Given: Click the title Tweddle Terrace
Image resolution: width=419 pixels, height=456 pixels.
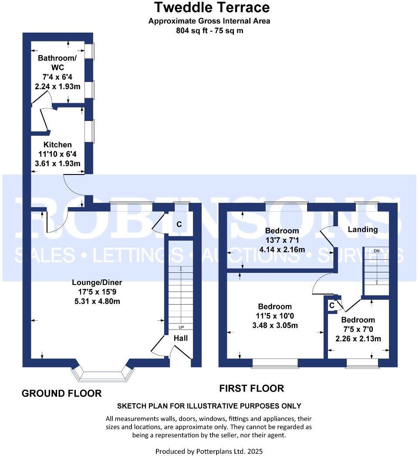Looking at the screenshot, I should (x=212, y=7).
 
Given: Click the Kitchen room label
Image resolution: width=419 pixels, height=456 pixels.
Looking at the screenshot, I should (x=57, y=144).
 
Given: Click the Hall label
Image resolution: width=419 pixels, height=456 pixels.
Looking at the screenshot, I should (x=181, y=338).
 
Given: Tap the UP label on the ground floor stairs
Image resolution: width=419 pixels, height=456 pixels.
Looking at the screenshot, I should (x=180, y=327).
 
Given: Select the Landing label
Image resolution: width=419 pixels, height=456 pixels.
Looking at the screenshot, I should (x=363, y=229).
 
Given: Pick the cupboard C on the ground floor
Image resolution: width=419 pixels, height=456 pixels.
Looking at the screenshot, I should (x=179, y=225).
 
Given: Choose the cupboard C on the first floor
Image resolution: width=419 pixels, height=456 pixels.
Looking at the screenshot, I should (x=332, y=305).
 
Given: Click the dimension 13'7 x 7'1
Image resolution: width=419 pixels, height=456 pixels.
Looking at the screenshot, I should (x=282, y=240).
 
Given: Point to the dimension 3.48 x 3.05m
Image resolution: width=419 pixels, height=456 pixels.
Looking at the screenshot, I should (x=275, y=325).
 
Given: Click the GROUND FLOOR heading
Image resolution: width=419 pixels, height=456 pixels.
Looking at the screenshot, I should (x=61, y=393).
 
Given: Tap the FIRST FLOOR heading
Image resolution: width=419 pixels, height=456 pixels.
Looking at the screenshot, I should (x=251, y=388).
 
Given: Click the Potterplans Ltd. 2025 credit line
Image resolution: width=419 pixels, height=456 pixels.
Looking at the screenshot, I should (x=209, y=451).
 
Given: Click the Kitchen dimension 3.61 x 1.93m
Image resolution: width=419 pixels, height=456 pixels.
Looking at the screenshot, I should (x=57, y=164).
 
